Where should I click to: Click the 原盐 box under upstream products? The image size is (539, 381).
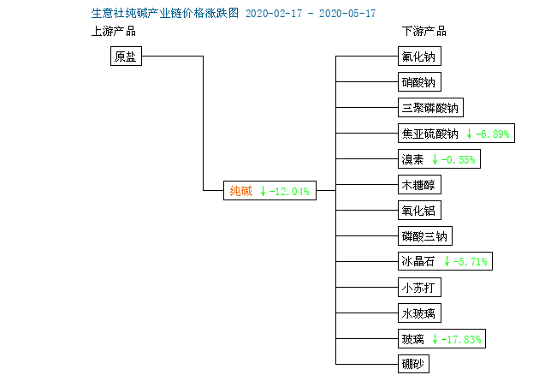pos(126,56)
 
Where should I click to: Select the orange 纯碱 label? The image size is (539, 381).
pos(240,191)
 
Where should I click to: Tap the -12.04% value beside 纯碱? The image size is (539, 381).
pos(289,192)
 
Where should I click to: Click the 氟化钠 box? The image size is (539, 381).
pos(419,56)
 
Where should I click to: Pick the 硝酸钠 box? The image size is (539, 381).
pos(419,82)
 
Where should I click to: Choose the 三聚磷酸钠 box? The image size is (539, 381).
pos(430,108)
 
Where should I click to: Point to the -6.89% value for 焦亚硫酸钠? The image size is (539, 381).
pos(492,134)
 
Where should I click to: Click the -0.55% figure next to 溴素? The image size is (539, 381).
pos(459,159)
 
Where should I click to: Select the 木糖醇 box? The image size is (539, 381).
pos(419,185)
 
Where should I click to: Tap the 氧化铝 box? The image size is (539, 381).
pos(419,210)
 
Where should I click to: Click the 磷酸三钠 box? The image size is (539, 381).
pos(425,236)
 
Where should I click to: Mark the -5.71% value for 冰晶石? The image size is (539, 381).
pos(471,262)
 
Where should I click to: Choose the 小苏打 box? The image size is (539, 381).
pos(419,287)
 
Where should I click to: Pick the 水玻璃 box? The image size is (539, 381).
pos(419,313)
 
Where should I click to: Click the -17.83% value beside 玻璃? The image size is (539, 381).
pos(461,339)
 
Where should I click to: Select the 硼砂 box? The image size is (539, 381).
pos(413,364)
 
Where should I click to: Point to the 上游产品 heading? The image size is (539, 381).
pos(114,32)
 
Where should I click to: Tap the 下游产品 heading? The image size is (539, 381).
pos(424,32)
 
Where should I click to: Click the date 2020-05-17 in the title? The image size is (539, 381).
pos(347,14)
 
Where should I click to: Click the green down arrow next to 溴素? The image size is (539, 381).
pos(435,159)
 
